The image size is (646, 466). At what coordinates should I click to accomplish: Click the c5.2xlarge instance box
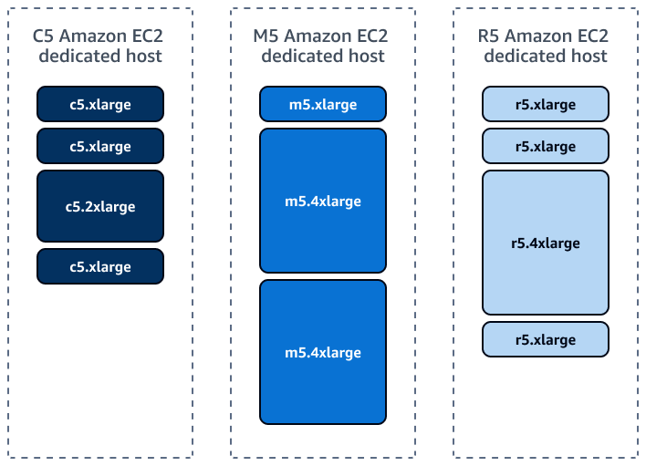(100, 206)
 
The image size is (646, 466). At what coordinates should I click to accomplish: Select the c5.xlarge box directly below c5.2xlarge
(100, 266)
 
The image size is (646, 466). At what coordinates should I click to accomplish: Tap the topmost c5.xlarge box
(100, 104)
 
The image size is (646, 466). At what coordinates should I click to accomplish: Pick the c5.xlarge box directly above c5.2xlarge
(100, 146)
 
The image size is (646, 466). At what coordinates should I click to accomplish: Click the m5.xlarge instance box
(323, 104)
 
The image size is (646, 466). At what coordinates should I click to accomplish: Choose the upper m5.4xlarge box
(323, 201)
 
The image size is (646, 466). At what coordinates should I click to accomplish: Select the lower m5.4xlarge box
(323, 352)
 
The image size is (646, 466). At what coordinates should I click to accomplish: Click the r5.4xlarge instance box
(546, 243)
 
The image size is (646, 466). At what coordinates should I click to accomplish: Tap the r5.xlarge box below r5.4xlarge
(546, 339)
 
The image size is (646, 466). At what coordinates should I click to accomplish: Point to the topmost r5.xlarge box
(546, 104)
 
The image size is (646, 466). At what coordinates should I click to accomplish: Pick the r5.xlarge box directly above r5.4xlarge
(546, 146)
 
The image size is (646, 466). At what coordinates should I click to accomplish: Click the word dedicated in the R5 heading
(524, 57)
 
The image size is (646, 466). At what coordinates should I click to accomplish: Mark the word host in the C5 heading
(142, 57)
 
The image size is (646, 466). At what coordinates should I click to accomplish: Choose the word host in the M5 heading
(365, 57)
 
